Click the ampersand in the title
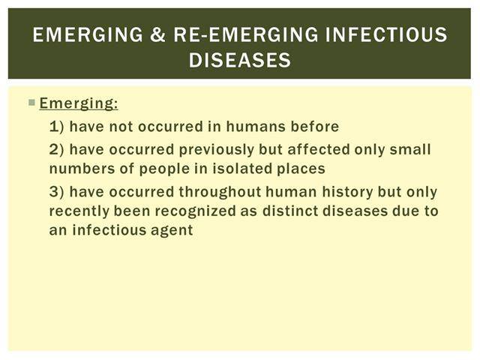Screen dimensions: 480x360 (158, 34)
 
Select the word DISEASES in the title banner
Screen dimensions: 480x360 (240, 60)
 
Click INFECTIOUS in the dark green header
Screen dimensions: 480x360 (386, 34)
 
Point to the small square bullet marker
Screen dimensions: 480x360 (31, 102)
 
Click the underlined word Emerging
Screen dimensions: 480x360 (79, 103)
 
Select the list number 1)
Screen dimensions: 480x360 (57, 127)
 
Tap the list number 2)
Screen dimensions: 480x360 (57, 150)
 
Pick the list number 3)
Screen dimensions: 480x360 (57, 192)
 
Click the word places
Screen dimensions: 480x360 (301, 169)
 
